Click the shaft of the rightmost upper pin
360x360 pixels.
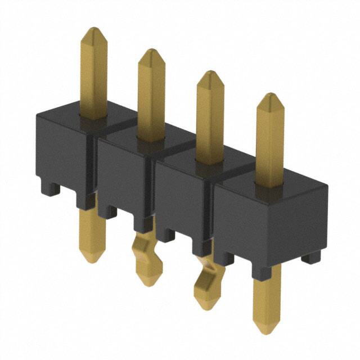pyautogui.click(x=269, y=146)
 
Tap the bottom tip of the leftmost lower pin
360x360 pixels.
pyautogui.click(x=91, y=260)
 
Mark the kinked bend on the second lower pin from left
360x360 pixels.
pyautogui.click(x=145, y=247)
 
